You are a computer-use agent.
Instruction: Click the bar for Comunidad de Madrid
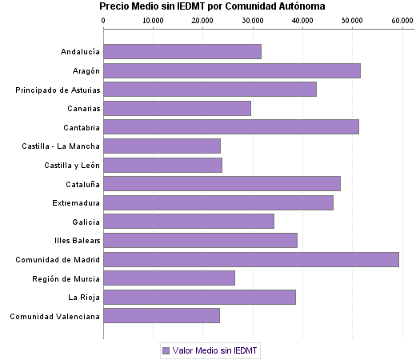pos(250,259)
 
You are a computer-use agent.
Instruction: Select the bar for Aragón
pos(232,70)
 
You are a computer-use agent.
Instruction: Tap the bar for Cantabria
pos(231,126)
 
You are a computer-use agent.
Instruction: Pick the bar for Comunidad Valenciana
pos(162,315)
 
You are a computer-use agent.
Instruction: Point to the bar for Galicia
pos(189,221)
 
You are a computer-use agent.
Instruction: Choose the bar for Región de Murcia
pos(169,278)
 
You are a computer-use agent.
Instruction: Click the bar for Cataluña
pos(222,183)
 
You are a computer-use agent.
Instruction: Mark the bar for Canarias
pos(177,108)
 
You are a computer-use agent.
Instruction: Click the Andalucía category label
pos(80,52)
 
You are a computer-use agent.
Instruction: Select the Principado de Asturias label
pos(58,90)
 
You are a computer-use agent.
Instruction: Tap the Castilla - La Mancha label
pos(62,146)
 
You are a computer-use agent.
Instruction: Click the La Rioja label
pos(84,297)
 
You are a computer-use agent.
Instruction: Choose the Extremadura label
pos(76,202)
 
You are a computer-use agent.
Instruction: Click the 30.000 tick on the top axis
pos(252,19)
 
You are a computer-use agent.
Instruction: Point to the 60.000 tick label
pos(402,19)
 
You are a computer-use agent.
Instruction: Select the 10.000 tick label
pos(153,19)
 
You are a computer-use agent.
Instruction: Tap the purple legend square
pos(166,350)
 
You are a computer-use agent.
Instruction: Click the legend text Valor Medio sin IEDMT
pos(216,350)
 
